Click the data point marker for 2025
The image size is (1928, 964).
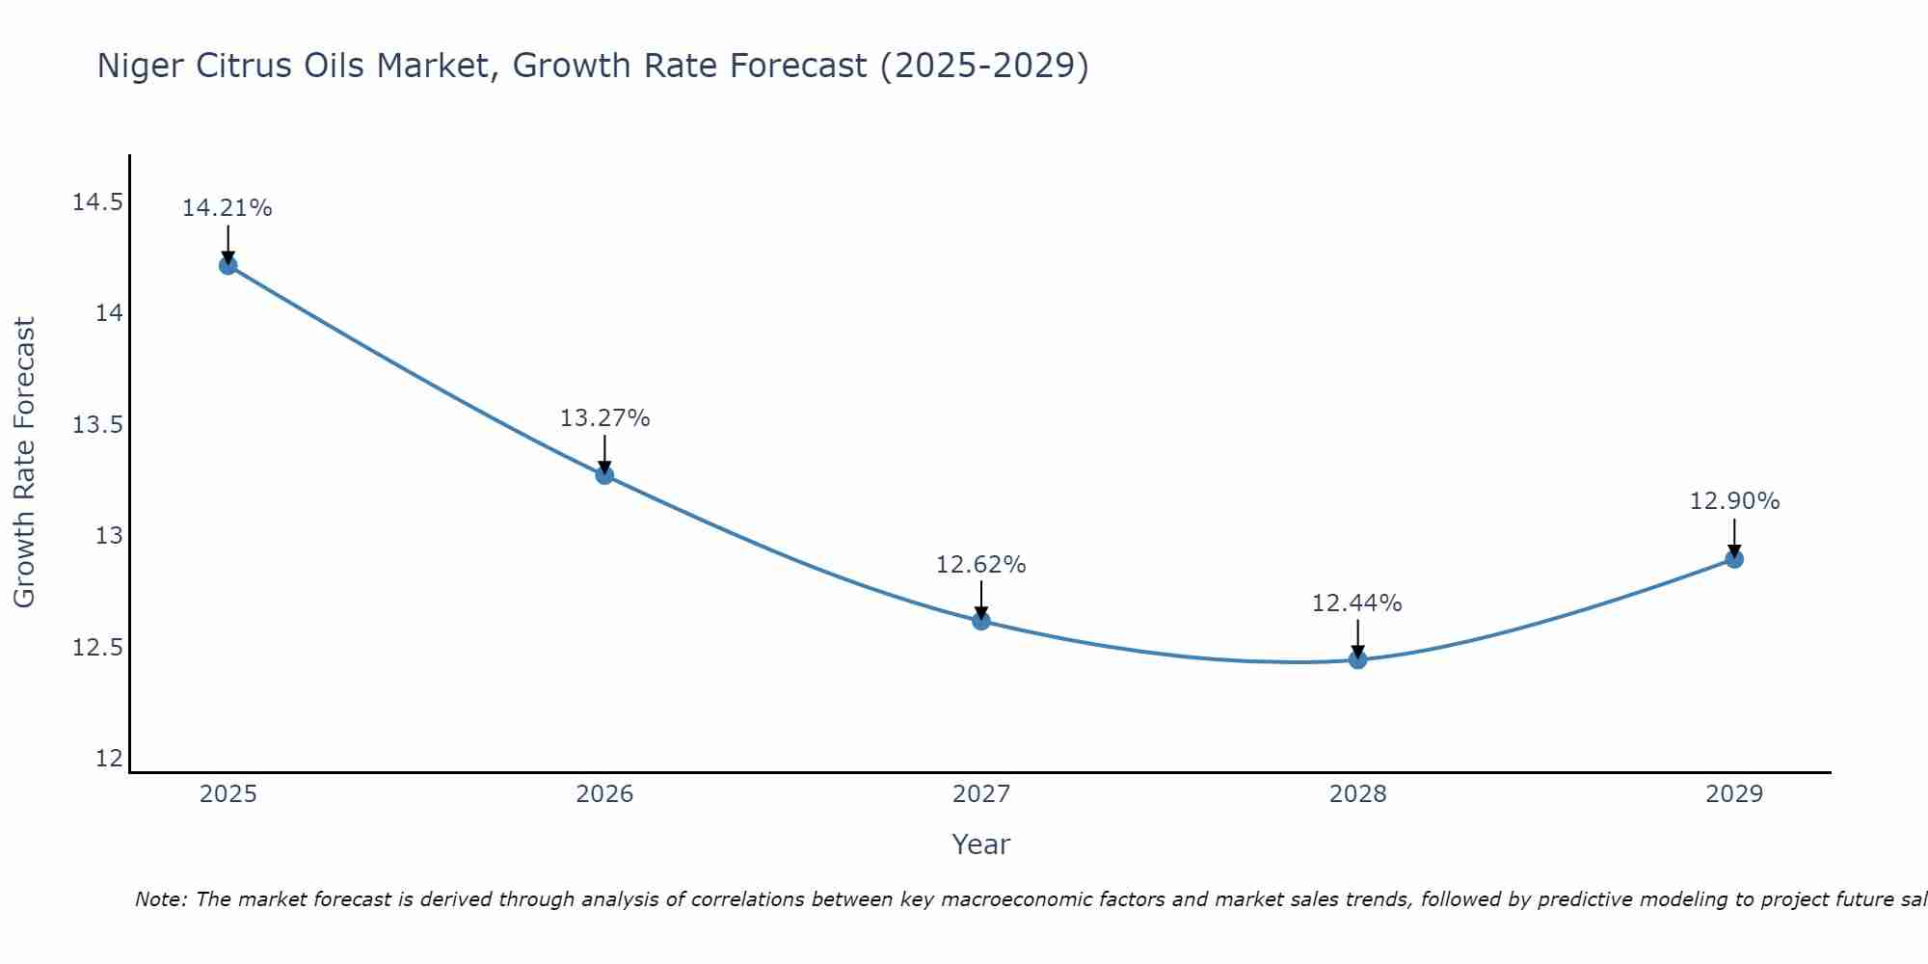(228, 266)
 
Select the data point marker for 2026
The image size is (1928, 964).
(604, 475)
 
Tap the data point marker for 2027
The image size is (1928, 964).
(981, 621)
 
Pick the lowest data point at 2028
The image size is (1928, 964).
(1357, 660)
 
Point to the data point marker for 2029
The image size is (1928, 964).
(1734, 559)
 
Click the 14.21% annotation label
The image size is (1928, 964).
(228, 208)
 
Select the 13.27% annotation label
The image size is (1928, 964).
(604, 418)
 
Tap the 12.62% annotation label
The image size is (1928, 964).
(981, 565)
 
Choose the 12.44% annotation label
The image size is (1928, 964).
(1356, 603)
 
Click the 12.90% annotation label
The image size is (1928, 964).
(1734, 501)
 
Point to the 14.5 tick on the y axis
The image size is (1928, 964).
(97, 202)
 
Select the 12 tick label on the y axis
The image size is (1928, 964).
(110, 759)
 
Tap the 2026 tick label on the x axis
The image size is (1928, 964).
(604, 794)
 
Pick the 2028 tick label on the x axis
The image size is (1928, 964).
(1357, 794)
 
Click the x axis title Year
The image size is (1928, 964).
(980, 844)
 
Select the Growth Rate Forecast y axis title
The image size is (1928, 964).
(24, 463)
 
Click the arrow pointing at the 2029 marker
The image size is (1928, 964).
(1734, 538)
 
